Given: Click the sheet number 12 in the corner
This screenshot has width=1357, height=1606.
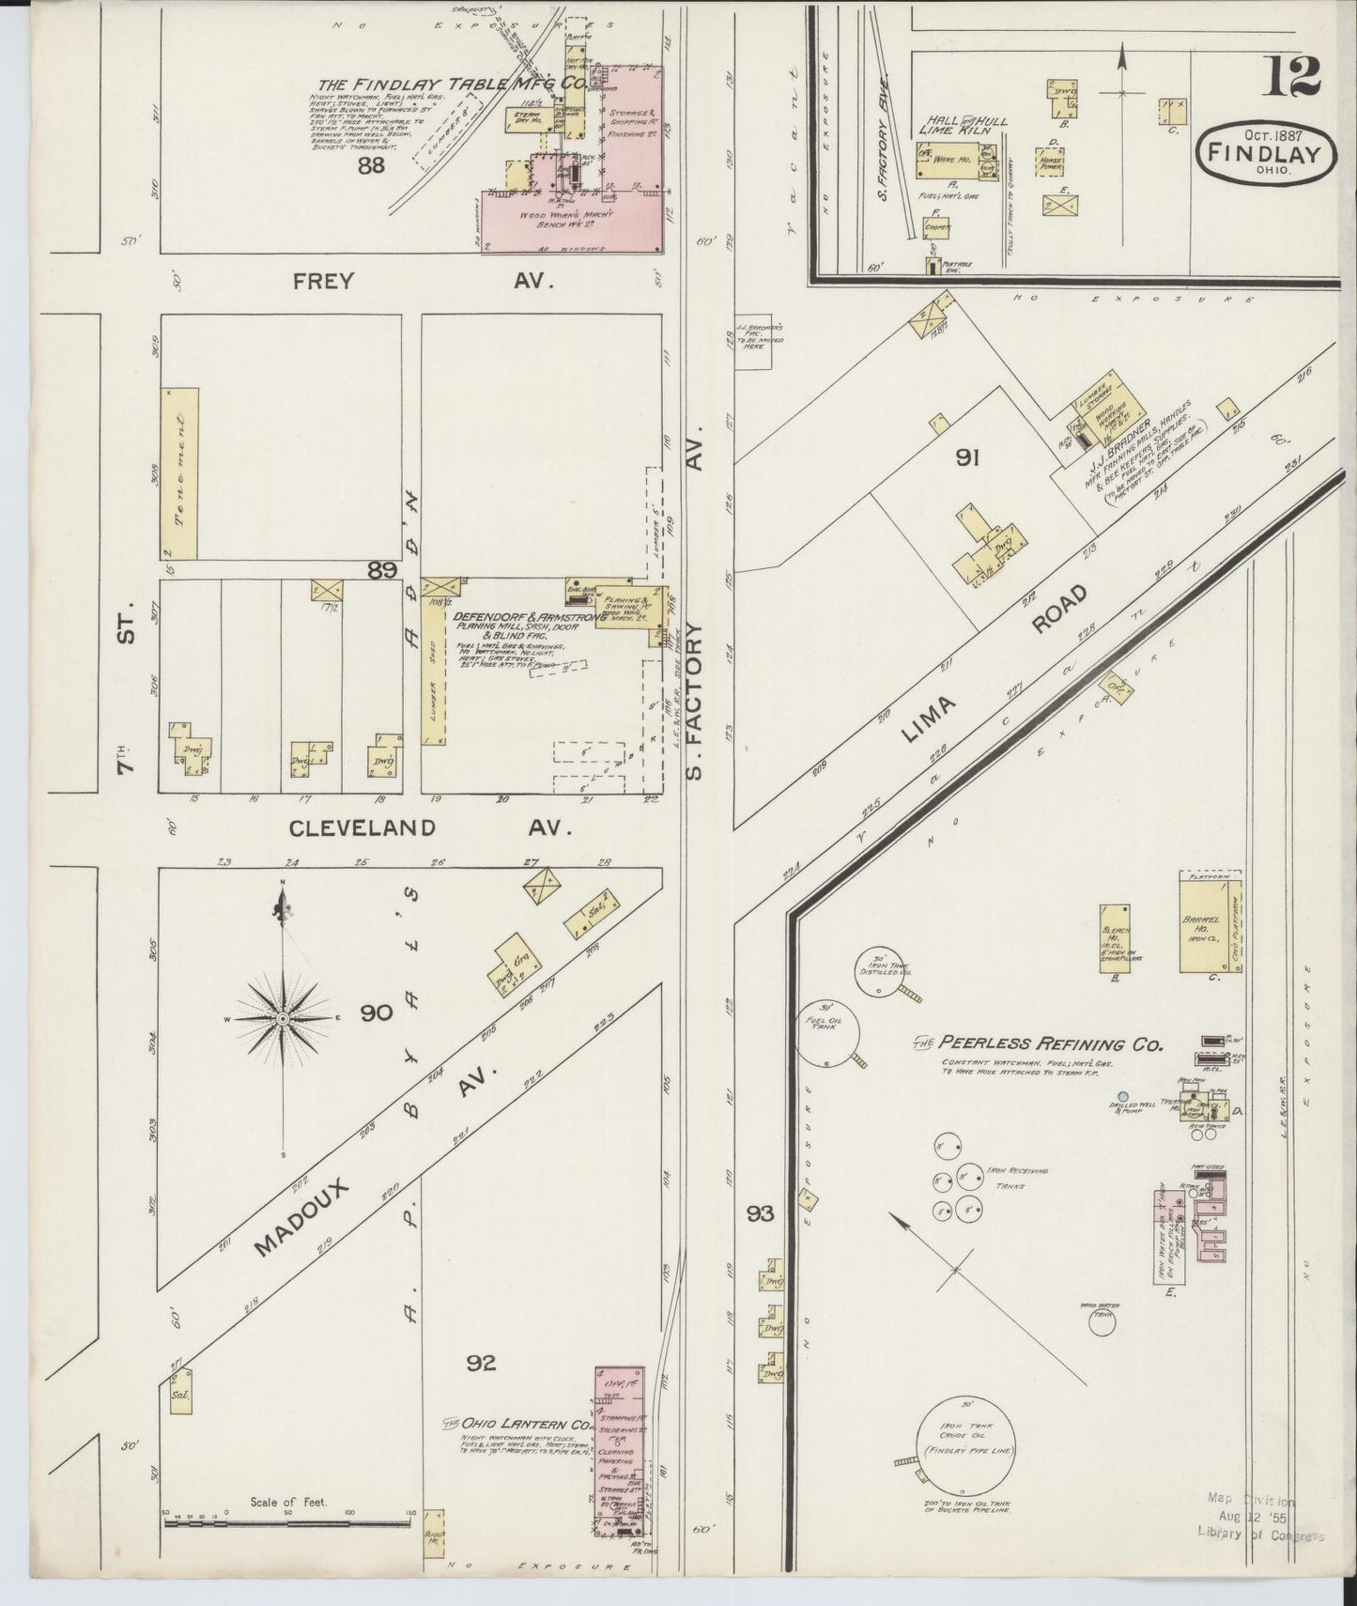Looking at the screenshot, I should (x=1293, y=77).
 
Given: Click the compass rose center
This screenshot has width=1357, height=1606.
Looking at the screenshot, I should (x=282, y=1018).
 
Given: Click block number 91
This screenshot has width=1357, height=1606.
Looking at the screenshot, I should (x=968, y=458).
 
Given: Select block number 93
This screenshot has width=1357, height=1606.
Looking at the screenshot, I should (x=761, y=1214).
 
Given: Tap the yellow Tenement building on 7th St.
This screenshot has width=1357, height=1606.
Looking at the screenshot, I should (x=179, y=473).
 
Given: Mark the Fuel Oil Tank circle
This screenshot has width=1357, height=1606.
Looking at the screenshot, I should (x=828, y=1035).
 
